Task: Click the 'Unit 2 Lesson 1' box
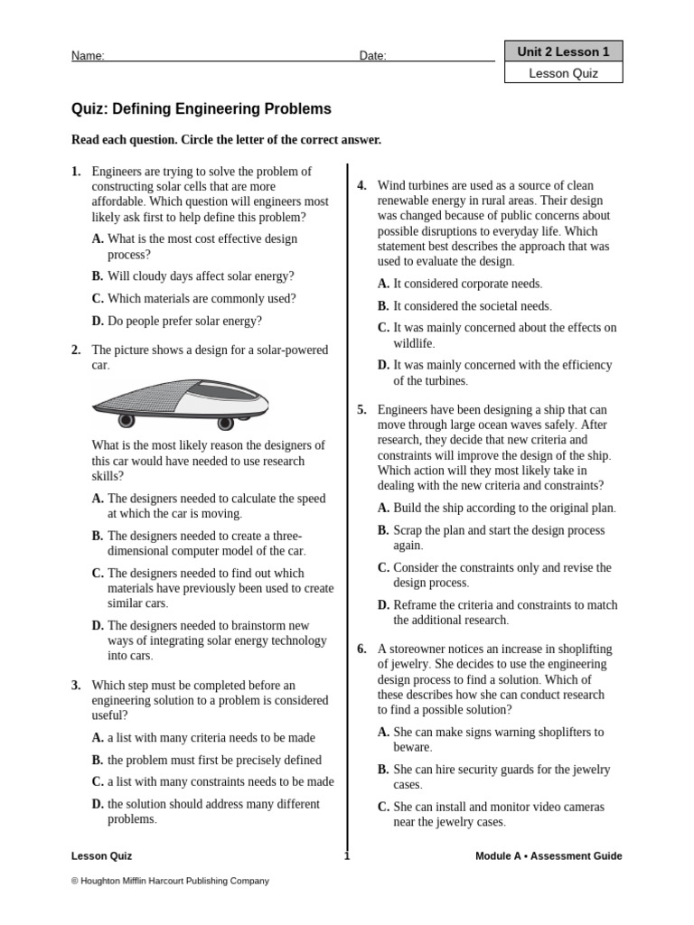click(563, 52)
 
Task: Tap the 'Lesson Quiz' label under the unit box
click(563, 74)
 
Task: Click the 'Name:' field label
click(88, 56)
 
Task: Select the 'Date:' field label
click(372, 56)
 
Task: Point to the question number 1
click(76, 172)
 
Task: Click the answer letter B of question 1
click(97, 276)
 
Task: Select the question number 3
click(76, 686)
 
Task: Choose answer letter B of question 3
click(97, 761)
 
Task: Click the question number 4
click(361, 186)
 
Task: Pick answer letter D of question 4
click(383, 365)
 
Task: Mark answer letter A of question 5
click(383, 508)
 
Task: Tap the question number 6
click(361, 649)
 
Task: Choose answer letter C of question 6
click(383, 807)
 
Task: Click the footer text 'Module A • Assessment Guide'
click(549, 856)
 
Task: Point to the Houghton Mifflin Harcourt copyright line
click(170, 881)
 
